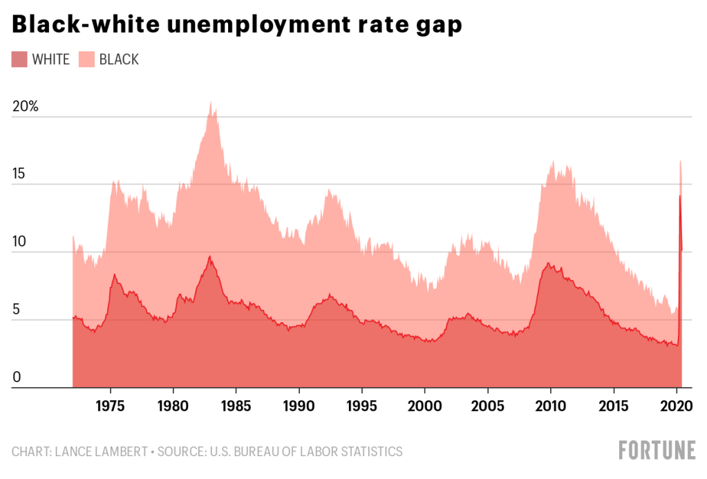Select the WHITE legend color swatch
pyautogui.click(x=19, y=59)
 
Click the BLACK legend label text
pyautogui.click(x=119, y=59)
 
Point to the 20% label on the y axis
pyautogui.click(x=26, y=108)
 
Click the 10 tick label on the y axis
pyautogui.click(x=19, y=243)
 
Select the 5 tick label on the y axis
pyautogui.click(x=17, y=310)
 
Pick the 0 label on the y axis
pyautogui.click(x=17, y=377)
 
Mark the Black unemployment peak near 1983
pyautogui.click(x=211, y=102)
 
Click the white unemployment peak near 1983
pyautogui.click(x=209, y=257)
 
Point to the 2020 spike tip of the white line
pyautogui.click(x=680, y=196)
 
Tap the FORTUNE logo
pyautogui.click(x=657, y=451)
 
